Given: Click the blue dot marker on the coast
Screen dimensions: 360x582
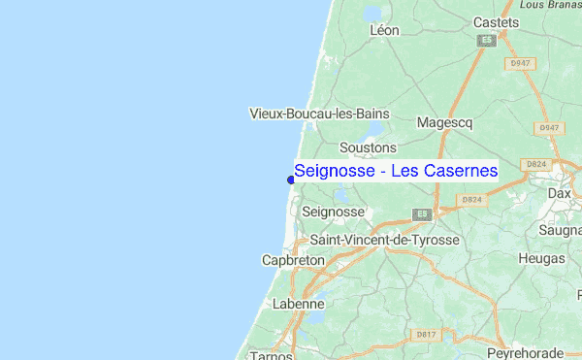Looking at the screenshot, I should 291,179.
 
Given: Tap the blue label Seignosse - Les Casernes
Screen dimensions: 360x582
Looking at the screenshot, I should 395,172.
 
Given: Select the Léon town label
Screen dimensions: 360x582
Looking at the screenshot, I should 384,30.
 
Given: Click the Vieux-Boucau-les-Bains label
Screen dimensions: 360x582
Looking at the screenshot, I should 319,114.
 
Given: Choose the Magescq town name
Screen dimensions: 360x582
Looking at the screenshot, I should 445,123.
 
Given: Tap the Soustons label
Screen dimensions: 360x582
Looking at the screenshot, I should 369,147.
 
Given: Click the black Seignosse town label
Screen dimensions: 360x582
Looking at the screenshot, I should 334,212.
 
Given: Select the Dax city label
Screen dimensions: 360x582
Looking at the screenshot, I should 560,193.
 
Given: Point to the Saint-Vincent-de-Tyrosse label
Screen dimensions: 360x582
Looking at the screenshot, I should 384,239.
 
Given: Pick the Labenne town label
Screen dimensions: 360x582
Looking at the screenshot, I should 298,303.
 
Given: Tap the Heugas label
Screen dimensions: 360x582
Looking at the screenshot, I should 541,259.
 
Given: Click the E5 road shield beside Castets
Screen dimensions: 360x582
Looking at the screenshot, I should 486,41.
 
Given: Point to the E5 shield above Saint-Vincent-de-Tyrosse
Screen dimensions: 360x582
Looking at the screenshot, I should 422,213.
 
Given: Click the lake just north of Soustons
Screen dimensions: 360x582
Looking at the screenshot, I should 374,130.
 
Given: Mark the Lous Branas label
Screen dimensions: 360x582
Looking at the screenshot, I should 548,5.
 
